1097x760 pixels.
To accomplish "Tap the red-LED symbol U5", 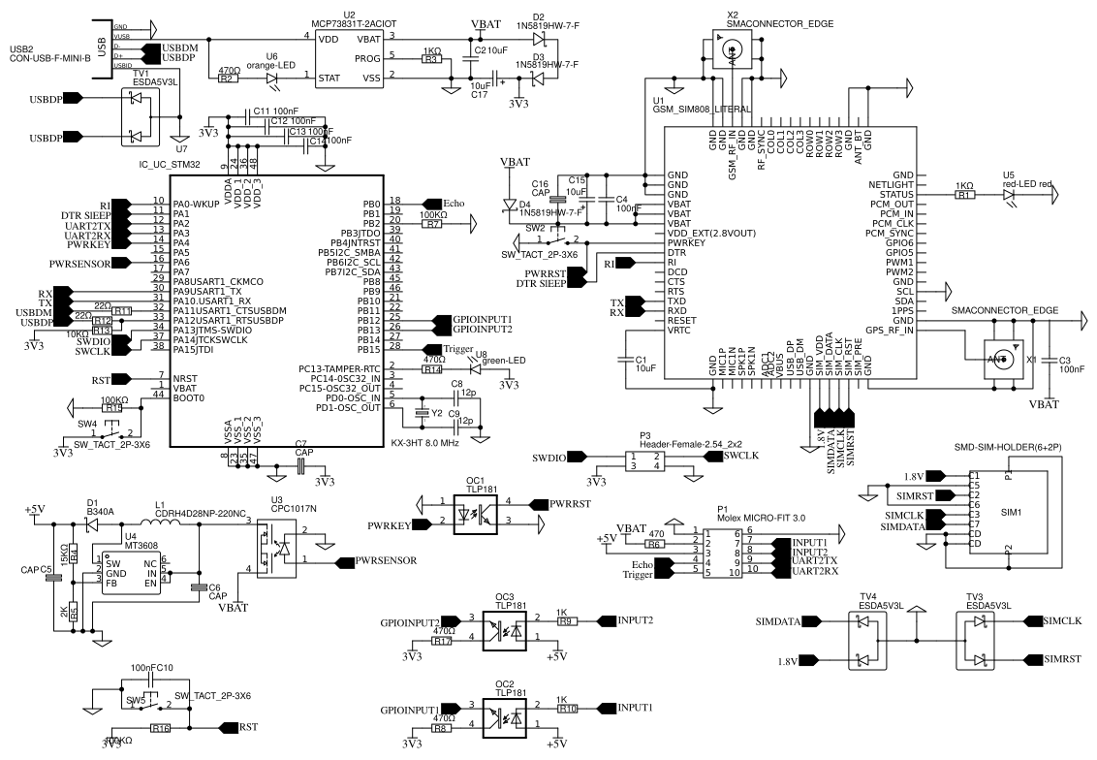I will point(1012,194).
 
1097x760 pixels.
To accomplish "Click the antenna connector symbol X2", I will point(733,48).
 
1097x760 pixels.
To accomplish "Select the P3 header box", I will point(643,462).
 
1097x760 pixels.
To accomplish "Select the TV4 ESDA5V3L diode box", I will point(867,641).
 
